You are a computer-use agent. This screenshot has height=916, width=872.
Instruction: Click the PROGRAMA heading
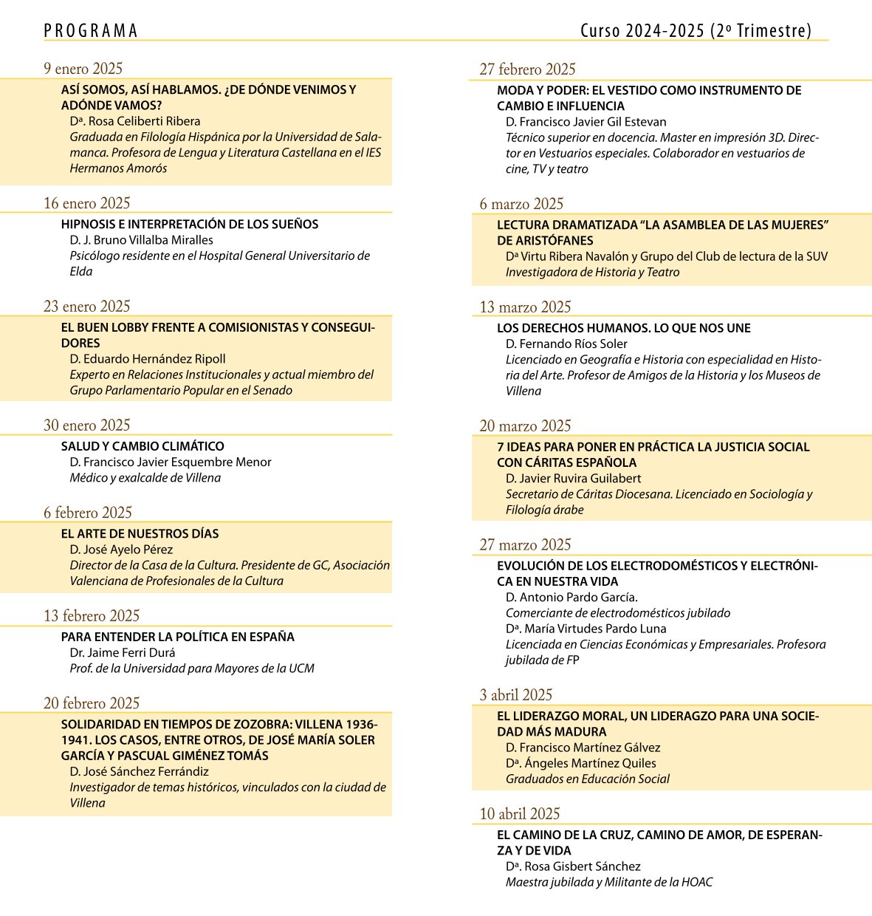coord(91,31)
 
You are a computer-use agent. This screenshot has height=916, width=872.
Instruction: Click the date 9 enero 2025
coord(83,69)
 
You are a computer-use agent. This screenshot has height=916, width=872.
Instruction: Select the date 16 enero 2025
coord(86,203)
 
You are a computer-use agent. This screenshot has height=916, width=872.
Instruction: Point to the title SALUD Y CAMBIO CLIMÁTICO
coord(143,446)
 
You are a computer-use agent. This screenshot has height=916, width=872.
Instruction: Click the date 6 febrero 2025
coord(87,513)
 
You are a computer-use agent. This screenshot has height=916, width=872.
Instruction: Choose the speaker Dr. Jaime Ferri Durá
coord(122,652)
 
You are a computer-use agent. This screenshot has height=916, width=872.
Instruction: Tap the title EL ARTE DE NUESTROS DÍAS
coord(140,533)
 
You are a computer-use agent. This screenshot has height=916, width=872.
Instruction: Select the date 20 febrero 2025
coord(91,703)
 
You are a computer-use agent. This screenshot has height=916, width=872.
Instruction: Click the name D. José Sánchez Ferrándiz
coord(139,771)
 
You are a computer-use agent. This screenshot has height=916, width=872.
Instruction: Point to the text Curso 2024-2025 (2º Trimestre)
coord(696,31)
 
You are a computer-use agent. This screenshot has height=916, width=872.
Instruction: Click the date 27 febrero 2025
coord(527,69)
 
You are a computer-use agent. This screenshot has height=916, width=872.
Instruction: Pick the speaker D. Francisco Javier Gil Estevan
coord(586,122)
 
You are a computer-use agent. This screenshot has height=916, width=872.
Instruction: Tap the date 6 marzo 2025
coord(521,204)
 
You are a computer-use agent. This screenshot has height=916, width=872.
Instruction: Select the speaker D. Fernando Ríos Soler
coord(566,343)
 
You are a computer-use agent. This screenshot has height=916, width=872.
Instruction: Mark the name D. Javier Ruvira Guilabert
coord(573,478)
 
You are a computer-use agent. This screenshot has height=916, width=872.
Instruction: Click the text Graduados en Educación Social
coord(587,779)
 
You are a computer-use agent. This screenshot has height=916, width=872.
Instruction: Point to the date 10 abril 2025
coord(520,813)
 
